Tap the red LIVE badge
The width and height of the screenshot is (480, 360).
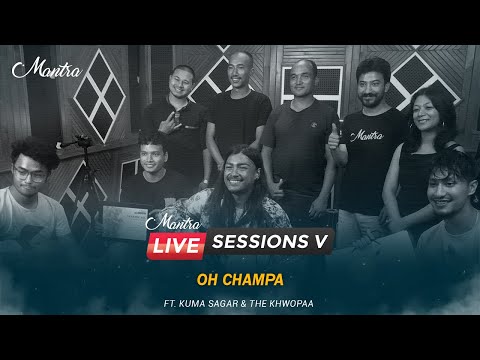click(178, 243)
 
